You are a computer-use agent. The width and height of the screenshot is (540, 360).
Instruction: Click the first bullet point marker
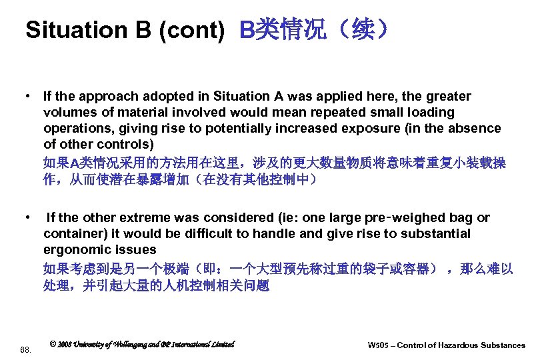[x=27, y=97]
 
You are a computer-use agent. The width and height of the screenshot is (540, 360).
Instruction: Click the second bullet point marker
[x=27, y=218]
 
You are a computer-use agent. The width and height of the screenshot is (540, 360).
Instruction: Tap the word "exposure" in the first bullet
[x=365, y=129]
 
